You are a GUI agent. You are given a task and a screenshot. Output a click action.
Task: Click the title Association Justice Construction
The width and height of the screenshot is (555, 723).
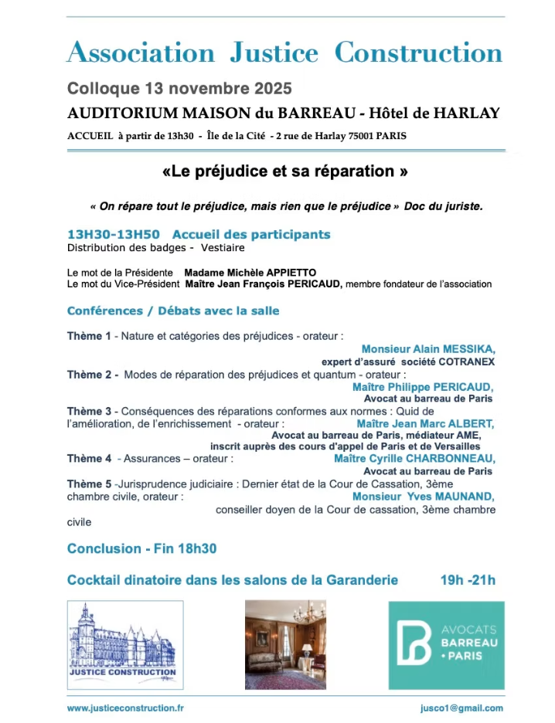point(284,53)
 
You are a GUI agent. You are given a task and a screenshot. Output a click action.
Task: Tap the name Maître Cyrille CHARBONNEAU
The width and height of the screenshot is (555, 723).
point(415,458)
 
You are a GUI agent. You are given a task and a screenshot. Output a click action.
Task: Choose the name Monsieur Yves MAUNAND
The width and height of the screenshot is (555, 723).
point(424,497)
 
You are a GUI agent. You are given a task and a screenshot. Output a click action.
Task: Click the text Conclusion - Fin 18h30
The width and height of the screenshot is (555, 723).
point(141,548)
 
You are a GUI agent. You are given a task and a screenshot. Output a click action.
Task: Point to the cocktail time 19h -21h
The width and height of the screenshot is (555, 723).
point(468,579)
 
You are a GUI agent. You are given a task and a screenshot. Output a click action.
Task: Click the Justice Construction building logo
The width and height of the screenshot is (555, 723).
point(125,645)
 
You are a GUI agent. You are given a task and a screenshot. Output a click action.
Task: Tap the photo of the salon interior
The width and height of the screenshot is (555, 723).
point(285,644)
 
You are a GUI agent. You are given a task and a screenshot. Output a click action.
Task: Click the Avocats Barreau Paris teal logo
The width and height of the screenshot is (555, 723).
point(446,645)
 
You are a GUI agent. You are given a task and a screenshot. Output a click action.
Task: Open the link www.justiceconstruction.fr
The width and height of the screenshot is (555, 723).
point(125,708)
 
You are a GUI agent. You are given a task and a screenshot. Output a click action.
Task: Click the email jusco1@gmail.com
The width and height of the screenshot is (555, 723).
point(457,708)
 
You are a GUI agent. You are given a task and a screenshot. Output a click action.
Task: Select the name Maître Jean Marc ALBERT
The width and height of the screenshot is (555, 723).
point(425,423)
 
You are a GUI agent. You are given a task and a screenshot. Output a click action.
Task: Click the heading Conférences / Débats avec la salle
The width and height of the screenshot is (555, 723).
point(173,311)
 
